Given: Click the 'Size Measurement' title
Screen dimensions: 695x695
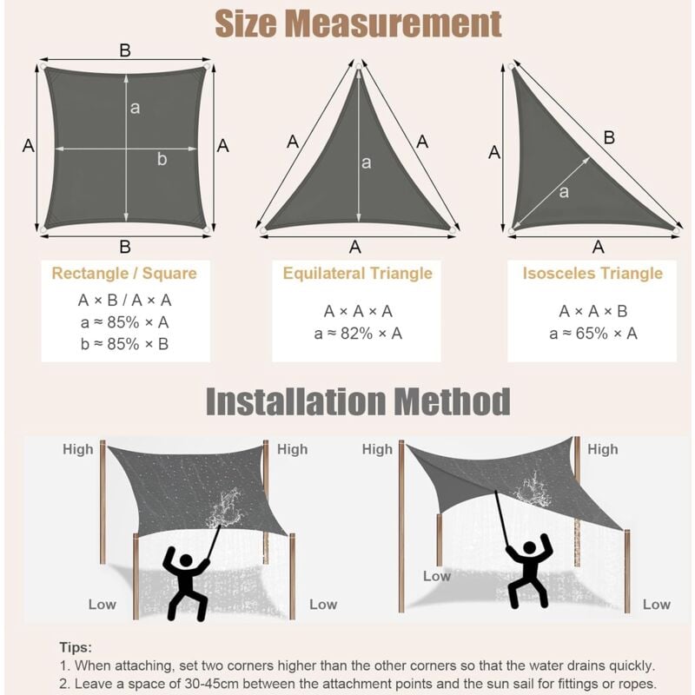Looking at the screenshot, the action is coord(358,23).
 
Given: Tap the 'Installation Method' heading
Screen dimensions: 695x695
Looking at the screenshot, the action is coord(358,401).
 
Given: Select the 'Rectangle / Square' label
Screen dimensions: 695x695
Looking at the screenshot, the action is coord(124,273).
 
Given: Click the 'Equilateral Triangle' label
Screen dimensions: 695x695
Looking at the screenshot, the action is coord(357,273).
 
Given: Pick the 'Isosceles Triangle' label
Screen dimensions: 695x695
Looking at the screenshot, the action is coord(592,273).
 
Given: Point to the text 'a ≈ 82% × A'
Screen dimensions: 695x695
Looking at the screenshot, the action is coord(358,334).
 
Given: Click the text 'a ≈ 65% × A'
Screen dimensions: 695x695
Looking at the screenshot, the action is coord(593,334).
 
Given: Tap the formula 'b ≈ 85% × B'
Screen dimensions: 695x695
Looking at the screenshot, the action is coord(124,344).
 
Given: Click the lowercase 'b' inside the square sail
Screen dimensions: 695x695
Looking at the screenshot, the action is coord(162,159).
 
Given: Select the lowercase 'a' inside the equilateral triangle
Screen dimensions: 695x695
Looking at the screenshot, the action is coord(366,162).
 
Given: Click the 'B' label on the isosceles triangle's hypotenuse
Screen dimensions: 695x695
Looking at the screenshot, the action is coord(610,138).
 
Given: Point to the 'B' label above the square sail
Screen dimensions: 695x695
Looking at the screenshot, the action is coord(125,50).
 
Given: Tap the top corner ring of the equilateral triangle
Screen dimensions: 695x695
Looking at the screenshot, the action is coord(359,67).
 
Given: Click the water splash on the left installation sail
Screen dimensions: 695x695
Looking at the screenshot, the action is coord(225,508).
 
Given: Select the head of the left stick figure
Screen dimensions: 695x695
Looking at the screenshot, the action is coord(186,561).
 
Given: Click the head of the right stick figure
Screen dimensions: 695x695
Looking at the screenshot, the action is coord(530,548).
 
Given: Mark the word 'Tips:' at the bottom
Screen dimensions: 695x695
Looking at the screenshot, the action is coord(76,647).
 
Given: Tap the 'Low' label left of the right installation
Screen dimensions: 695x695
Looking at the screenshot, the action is coord(437,576).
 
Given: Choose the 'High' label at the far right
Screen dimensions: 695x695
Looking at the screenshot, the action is coord(602,449).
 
